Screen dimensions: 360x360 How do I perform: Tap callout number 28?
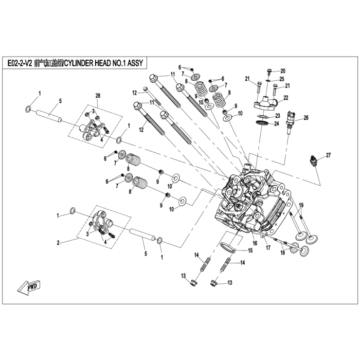98,96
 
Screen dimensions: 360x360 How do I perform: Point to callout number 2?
59,242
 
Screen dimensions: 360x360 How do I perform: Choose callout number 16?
254,242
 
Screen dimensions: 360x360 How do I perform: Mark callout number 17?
268,248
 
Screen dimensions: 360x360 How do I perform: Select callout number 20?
282,71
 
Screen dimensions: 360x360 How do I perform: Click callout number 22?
285,97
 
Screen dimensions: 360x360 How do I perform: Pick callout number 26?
306,118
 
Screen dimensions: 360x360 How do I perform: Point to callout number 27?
328,155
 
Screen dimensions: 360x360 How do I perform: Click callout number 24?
276,123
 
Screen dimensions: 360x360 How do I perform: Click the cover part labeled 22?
263,102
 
